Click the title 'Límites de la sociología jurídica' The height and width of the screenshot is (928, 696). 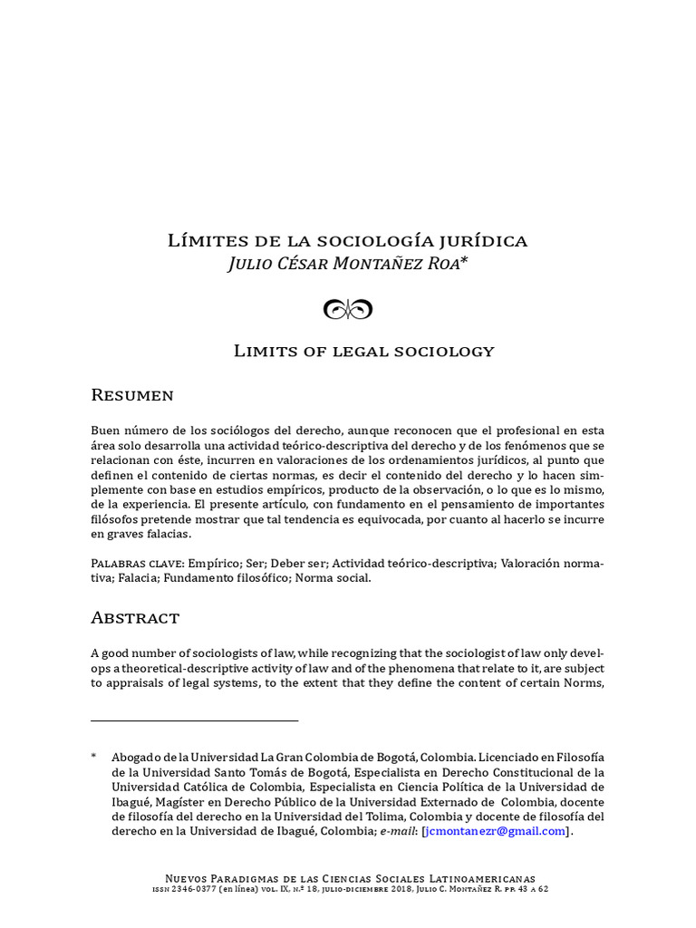click(x=347, y=241)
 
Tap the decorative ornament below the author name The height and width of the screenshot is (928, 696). click(x=348, y=310)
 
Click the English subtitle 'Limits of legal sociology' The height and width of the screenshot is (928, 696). click(x=363, y=351)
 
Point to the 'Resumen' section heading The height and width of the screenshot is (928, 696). click(x=132, y=395)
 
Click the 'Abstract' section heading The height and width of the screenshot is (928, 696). click(x=135, y=618)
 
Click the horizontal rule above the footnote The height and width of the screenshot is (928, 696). click(x=194, y=720)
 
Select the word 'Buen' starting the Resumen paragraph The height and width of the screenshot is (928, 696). click(x=105, y=430)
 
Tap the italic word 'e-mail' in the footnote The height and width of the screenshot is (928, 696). click(x=397, y=831)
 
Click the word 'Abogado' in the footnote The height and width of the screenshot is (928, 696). click(x=137, y=757)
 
